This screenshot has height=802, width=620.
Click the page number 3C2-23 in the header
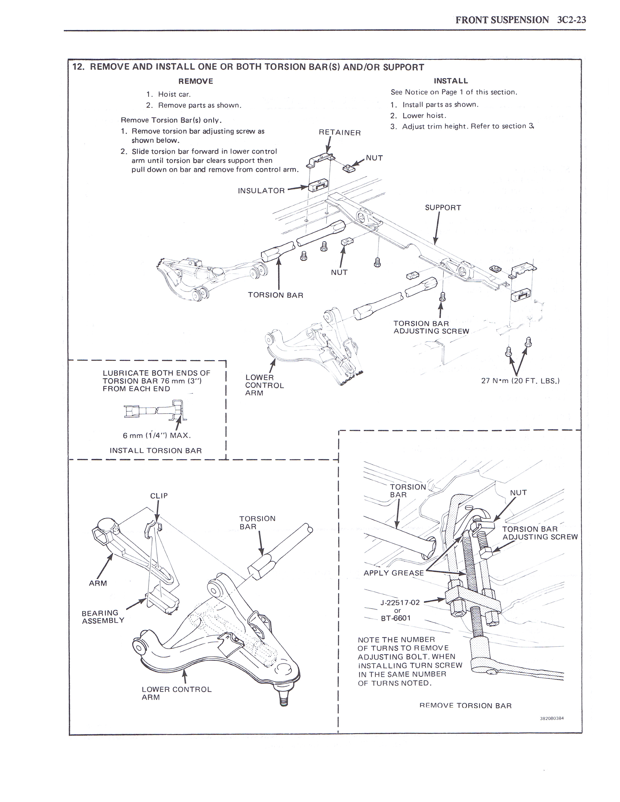pyautogui.click(x=572, y=20)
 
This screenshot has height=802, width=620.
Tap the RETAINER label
pyautogui.click(x=340, y=132)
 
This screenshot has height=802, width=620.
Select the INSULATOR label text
pyautogui.click(x=261, y=191)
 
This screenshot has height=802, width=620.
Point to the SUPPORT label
pyautogui.click(x=443, y=208)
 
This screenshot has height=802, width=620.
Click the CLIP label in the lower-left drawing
pyautogui.click(x=159, y=496)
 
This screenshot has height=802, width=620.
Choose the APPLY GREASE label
pyautogui.click(x=394, y=573)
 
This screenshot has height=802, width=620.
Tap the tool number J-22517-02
pyautogui.click(x=400, y=603)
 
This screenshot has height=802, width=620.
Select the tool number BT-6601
pyautogui.click(x=396, y=619)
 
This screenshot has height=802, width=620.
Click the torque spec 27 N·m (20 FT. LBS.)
pyautogui.click(x=520, y=381)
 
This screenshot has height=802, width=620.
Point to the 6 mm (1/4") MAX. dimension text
pyautogui.click(x=157, y=436)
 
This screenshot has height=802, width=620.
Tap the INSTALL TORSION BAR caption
pyautogui.click(x=156, y=451)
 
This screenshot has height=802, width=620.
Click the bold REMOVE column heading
pyautogui.click(x=195, y=81)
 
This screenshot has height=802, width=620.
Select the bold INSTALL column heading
pyautogui.click(x=451, y=81)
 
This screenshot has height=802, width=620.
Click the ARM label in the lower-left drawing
pyautogui.click(x=98, y=583)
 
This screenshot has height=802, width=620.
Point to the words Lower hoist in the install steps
pyautogui.click(x=424, y=116)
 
